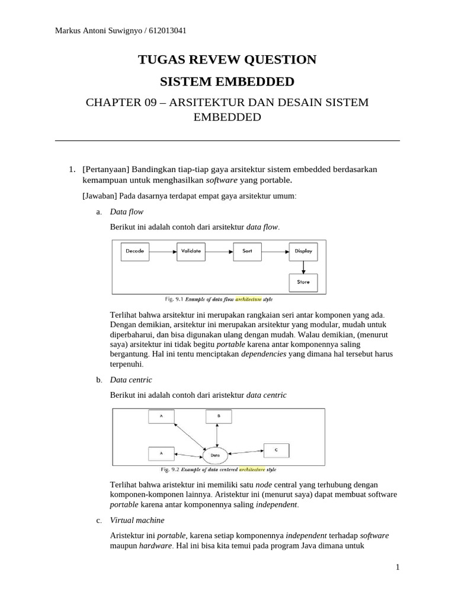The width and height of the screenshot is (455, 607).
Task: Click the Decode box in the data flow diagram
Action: click(x=135, y=251)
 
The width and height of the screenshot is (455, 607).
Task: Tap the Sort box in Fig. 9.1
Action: click(x=248, y=251)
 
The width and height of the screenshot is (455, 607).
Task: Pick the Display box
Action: click(x=303, y=251)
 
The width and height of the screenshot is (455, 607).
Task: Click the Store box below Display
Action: click(x=303, y=282)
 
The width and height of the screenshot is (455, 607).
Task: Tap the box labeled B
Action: click(x=218, y=416)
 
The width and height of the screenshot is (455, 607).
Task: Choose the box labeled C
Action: click(x=276, y=451)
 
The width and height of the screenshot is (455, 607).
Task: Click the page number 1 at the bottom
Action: click(x=398, y=567)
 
